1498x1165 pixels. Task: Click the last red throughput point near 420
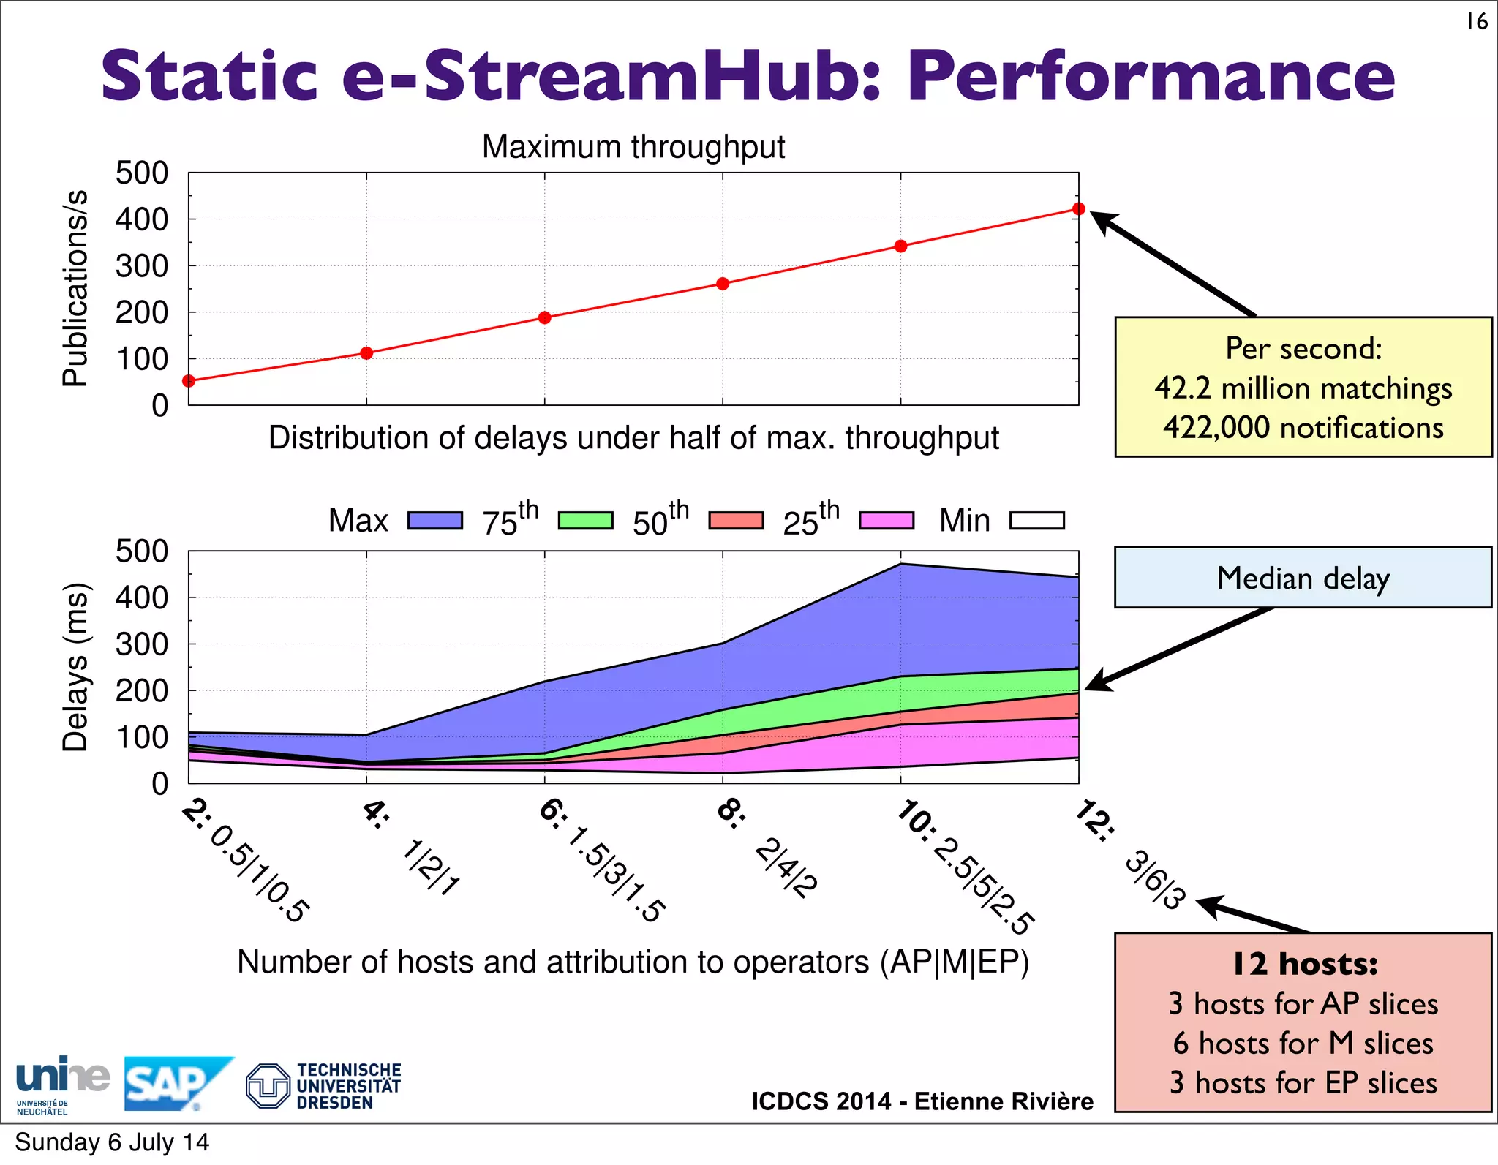coord(1078,209)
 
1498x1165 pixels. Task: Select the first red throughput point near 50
coord(189,381)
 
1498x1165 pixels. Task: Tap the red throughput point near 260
coord(723,284)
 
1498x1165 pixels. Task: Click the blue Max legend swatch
coord(435,521)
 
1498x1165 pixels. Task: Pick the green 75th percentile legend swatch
coord(585,521)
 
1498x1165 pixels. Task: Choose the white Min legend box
coord(1036,521)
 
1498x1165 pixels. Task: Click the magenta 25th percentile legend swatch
coord(887,521)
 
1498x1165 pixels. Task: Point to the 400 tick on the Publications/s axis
coord(142,219)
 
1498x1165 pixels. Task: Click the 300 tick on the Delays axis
coord(142,644)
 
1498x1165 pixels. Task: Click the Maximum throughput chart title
coord(633,147)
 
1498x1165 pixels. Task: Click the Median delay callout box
coord(1303,578)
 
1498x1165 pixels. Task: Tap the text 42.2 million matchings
coord(1303,388)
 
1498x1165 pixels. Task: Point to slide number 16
coord(1476,22)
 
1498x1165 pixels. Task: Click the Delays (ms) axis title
coord(75,667)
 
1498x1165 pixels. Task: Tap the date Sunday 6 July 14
coord(112,1142)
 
